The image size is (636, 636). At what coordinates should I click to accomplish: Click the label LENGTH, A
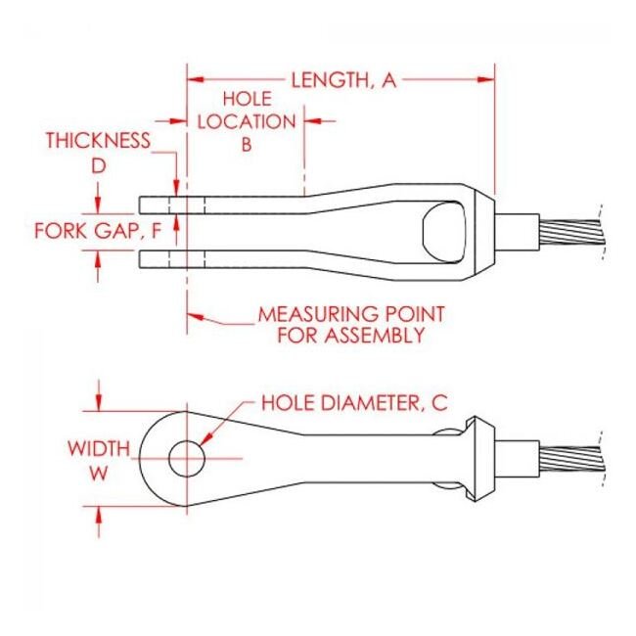[343, 80]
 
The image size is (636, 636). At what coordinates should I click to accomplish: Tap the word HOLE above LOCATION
[248, 99]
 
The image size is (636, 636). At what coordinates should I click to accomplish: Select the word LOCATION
[247, 121]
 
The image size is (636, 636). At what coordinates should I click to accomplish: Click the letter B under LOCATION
[247, 144]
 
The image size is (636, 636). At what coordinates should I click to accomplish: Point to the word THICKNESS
[98, 140]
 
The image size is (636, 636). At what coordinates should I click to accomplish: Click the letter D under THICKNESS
[98, 165]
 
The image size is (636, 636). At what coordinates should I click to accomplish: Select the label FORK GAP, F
[98, 231]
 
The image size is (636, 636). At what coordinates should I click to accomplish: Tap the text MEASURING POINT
[351, 314]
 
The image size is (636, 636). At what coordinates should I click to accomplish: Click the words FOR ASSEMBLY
[351, 336]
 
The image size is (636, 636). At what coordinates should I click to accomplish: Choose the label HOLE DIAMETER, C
[354, 403]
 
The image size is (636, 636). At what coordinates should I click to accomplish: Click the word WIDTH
[99, 448]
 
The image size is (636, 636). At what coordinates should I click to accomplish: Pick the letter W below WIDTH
[99, 473]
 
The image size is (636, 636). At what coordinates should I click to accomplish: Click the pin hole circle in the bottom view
[187, 458]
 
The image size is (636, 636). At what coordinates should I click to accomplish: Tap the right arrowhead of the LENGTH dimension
[486, 79]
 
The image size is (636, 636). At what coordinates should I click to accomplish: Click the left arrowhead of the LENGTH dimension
[196, 79]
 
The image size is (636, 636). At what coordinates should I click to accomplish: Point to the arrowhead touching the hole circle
[206, 438]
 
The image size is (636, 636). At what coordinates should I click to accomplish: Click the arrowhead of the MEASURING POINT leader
[195, 316]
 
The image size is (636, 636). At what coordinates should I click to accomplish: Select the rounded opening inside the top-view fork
[444, 232]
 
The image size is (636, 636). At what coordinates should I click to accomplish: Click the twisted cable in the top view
[572, 232]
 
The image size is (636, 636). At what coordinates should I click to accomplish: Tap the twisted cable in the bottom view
[572, 459]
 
